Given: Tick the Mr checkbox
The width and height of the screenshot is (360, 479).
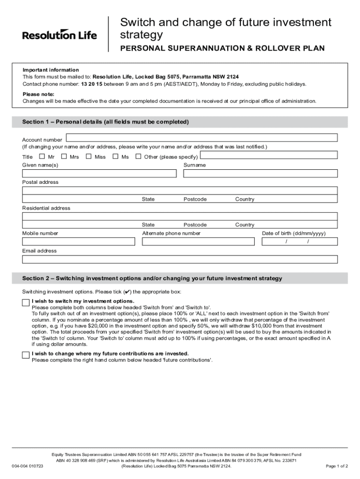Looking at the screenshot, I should [x=42, y=157].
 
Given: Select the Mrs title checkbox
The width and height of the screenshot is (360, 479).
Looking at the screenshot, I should [x=64, y=157].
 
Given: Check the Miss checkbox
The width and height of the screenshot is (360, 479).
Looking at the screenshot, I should [x=88, y=157].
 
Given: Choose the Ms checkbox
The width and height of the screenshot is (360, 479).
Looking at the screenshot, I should [x=115, y=157].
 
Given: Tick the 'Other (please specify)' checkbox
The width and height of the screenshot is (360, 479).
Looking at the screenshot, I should [x=138, y=157].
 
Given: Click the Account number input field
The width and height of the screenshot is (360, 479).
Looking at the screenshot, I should [x=202, y=138].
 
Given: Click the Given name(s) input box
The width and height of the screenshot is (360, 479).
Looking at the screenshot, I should [x=99, y=174].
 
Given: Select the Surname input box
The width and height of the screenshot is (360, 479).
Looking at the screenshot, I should [x=260, y=174].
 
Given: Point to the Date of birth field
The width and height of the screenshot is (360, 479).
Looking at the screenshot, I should [x=299, y=241].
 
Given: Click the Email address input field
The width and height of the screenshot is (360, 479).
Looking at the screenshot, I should [x=180, y=259].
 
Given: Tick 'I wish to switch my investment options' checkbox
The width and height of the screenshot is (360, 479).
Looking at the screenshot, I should [x=26, y=303].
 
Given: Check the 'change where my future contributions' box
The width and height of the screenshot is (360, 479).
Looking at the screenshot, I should [x=26, y=356].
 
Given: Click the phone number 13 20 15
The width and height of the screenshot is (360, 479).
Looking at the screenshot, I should [x=92, y=84].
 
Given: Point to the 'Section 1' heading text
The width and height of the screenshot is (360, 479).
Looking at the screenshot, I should [x=105, y=122].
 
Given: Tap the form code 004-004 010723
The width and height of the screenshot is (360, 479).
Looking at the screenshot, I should [x=28, y=466].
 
